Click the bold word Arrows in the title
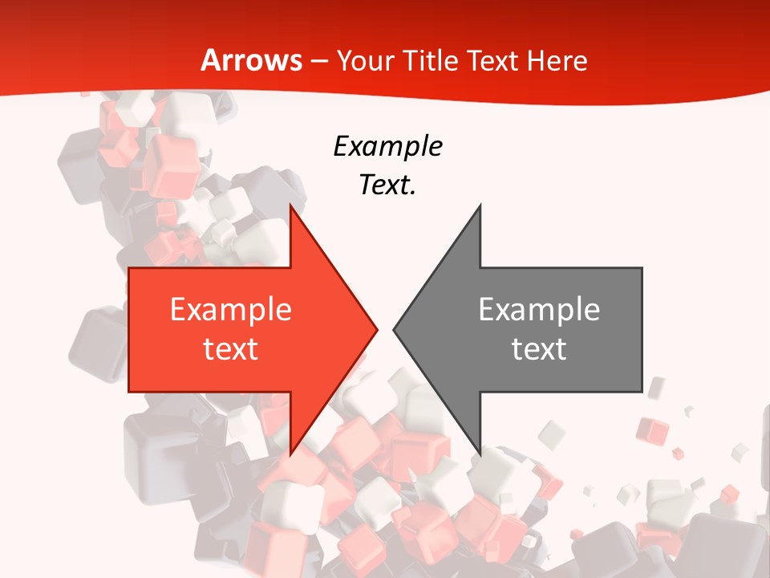[251, 61]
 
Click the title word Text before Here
[493, 61]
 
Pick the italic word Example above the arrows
[388, 147]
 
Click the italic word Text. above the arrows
[388, 185]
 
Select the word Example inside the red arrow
[231, 309]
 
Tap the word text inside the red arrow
[231, 348]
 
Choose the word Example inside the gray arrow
[539, 309]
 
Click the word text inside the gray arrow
[539, 348]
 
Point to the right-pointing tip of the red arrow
[377, 329]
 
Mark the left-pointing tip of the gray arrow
[394, 329]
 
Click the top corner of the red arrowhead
[290, 205]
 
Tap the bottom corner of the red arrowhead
[290, 454]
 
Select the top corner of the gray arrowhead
[480, 205]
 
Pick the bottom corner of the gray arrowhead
[480, 454]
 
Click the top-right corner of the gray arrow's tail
[642, 268]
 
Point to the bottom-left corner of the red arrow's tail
[129, 392]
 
